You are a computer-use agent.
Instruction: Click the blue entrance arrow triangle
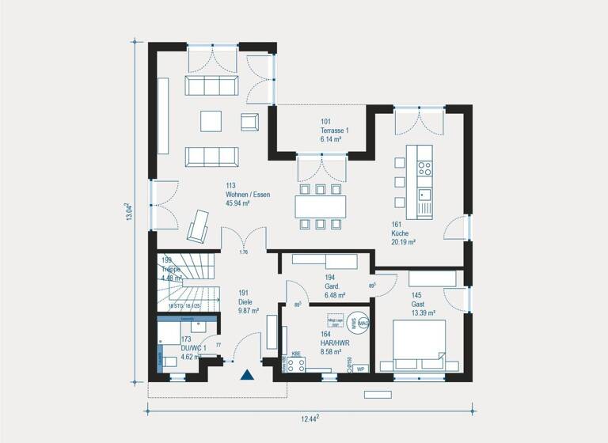click(247, 376)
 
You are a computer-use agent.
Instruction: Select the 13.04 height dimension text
click(129, 214)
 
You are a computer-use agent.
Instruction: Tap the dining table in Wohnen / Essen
click(321, 206)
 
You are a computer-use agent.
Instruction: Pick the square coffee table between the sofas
click(212, 121)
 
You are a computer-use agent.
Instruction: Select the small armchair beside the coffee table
click(249, 121)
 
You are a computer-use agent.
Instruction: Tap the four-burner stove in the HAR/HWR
click(296, 365)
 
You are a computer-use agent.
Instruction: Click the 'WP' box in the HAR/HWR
click(359, 369)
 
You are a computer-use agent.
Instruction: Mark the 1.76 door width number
click(245, 253)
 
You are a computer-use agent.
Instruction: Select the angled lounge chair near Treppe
click(197, 225)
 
